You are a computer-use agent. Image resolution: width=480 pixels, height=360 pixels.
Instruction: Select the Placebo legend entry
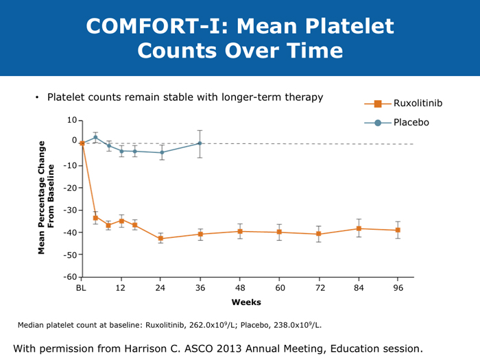(411, 122)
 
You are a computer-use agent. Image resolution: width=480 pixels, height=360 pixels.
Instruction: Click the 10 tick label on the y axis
(72, 121)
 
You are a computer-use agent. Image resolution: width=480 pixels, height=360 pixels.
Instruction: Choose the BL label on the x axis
(82, 289)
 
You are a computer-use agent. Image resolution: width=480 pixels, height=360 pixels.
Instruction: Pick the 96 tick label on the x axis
(398, 289)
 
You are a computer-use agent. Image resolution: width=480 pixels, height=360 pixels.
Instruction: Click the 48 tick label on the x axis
(240, 289)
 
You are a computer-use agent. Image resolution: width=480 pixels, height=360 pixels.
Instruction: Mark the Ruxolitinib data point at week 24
(160, 239)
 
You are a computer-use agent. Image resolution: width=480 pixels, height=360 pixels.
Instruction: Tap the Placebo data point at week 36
(200, 143)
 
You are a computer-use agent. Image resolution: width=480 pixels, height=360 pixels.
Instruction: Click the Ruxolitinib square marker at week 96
(398, 230)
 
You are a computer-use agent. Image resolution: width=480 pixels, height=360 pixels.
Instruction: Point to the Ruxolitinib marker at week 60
(279, 232)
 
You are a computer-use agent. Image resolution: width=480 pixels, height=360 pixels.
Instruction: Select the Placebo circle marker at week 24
(161, 152)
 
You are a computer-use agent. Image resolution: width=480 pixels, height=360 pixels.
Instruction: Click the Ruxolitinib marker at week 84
(359, 228)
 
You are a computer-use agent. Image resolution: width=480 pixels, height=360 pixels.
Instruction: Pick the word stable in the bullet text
(180, 97)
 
